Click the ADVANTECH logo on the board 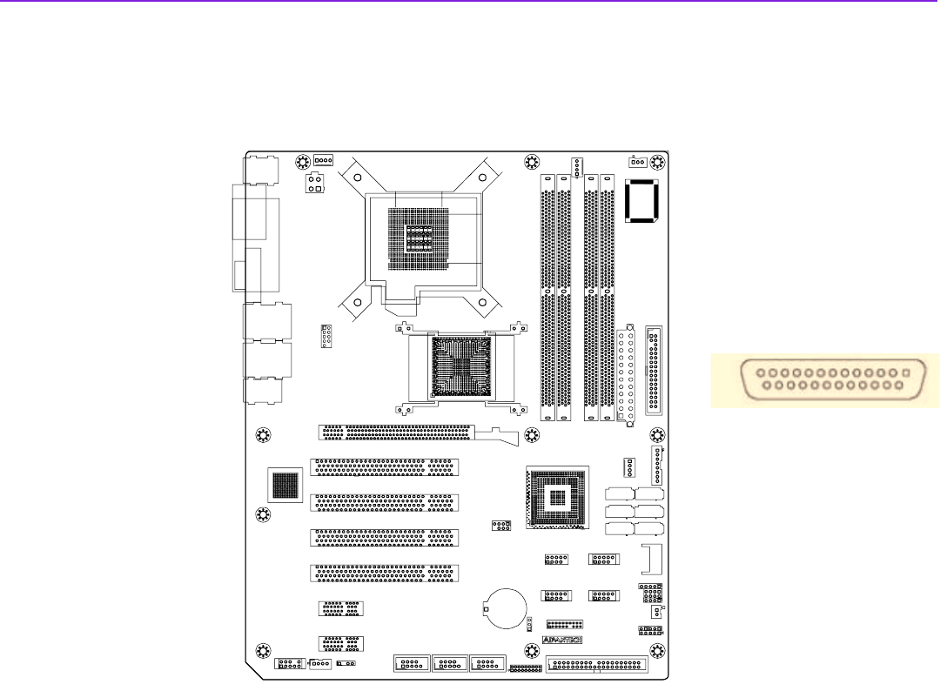coord(561,640)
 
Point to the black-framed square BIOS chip coord(641,204)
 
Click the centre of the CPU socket coord(420,236)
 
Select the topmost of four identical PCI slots coord(383,468)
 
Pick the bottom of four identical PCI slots coord(383,574)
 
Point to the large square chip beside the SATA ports coord(557,498)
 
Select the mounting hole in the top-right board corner coord(655,162)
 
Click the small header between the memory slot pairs coord(576,166)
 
